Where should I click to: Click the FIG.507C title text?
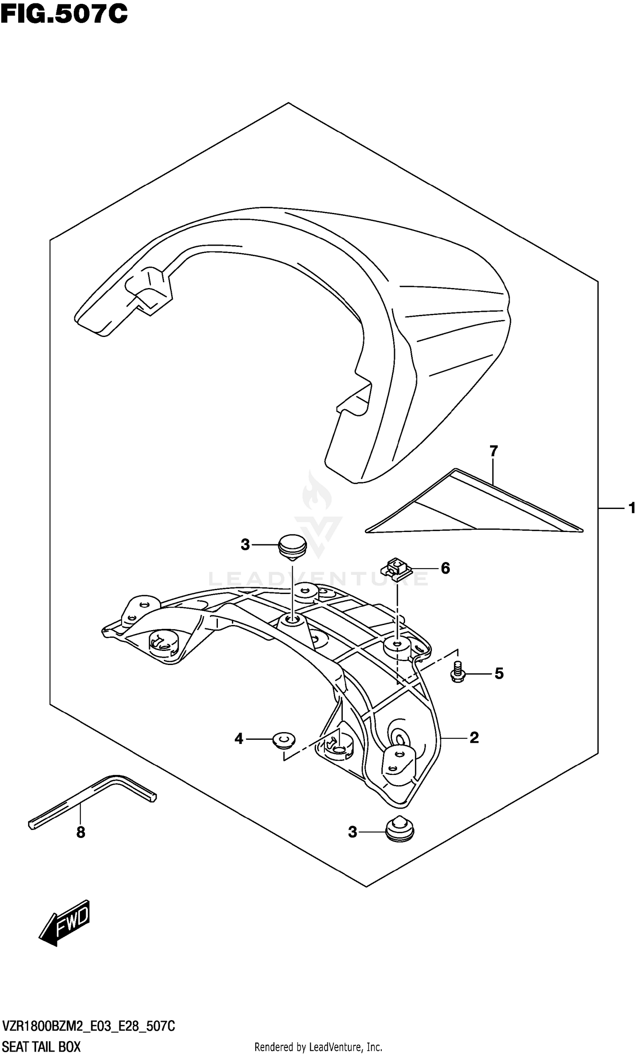tap(64, 14)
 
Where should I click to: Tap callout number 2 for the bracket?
tap(474, 737)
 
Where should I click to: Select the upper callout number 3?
tap(245, 545)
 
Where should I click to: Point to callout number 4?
tap(239, 738)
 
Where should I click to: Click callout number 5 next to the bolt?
tap(499, 673)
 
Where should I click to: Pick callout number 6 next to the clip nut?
tap(445, 568)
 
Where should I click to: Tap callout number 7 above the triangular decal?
tap(493, 451)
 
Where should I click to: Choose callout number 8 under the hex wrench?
tap(80, 832)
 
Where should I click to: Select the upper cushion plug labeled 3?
tap(293, 547)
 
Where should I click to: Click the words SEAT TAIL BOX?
tap(42, 1047)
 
